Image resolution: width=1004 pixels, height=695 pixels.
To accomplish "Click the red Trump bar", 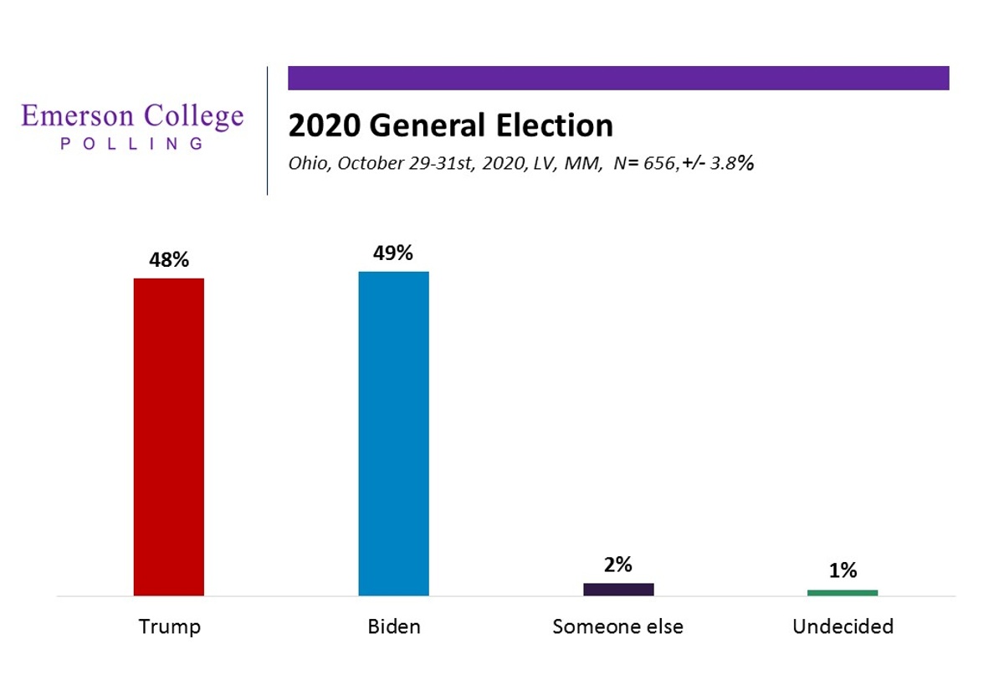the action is click(168, 437).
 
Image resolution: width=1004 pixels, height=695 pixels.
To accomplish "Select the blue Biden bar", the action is click(393, 434).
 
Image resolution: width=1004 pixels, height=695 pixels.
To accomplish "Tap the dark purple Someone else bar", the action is click(618, 590).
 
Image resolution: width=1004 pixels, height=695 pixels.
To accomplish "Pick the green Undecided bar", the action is click(843, 593).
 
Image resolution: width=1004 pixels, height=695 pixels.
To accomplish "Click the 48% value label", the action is click(169, 259).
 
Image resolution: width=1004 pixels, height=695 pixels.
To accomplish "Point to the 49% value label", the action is click(393, 253).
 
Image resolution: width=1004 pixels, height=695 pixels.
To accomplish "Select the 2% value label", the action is click(618, 565).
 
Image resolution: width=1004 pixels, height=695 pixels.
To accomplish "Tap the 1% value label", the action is click(843, 570).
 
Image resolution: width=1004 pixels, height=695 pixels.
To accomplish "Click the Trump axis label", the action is click(170, 626).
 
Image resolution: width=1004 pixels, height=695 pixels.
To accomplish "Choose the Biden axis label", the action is click(394, 626).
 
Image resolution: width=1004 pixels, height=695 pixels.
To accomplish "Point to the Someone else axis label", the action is click(618, 626).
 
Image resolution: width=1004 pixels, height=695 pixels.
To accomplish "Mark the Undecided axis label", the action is click(843, 626).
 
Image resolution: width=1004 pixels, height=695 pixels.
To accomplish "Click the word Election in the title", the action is click(555, 125).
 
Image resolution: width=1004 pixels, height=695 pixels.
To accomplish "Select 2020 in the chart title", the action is click(325, 125).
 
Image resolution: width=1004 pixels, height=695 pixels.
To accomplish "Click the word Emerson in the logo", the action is click(78, 115).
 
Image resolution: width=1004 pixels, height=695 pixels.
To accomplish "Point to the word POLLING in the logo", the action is click(132, 144).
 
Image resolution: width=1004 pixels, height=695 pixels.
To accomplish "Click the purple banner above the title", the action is click(618, 78).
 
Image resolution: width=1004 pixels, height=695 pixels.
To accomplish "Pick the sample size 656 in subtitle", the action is click(659, 164).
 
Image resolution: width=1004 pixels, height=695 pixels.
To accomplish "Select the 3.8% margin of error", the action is click(732, 163).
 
